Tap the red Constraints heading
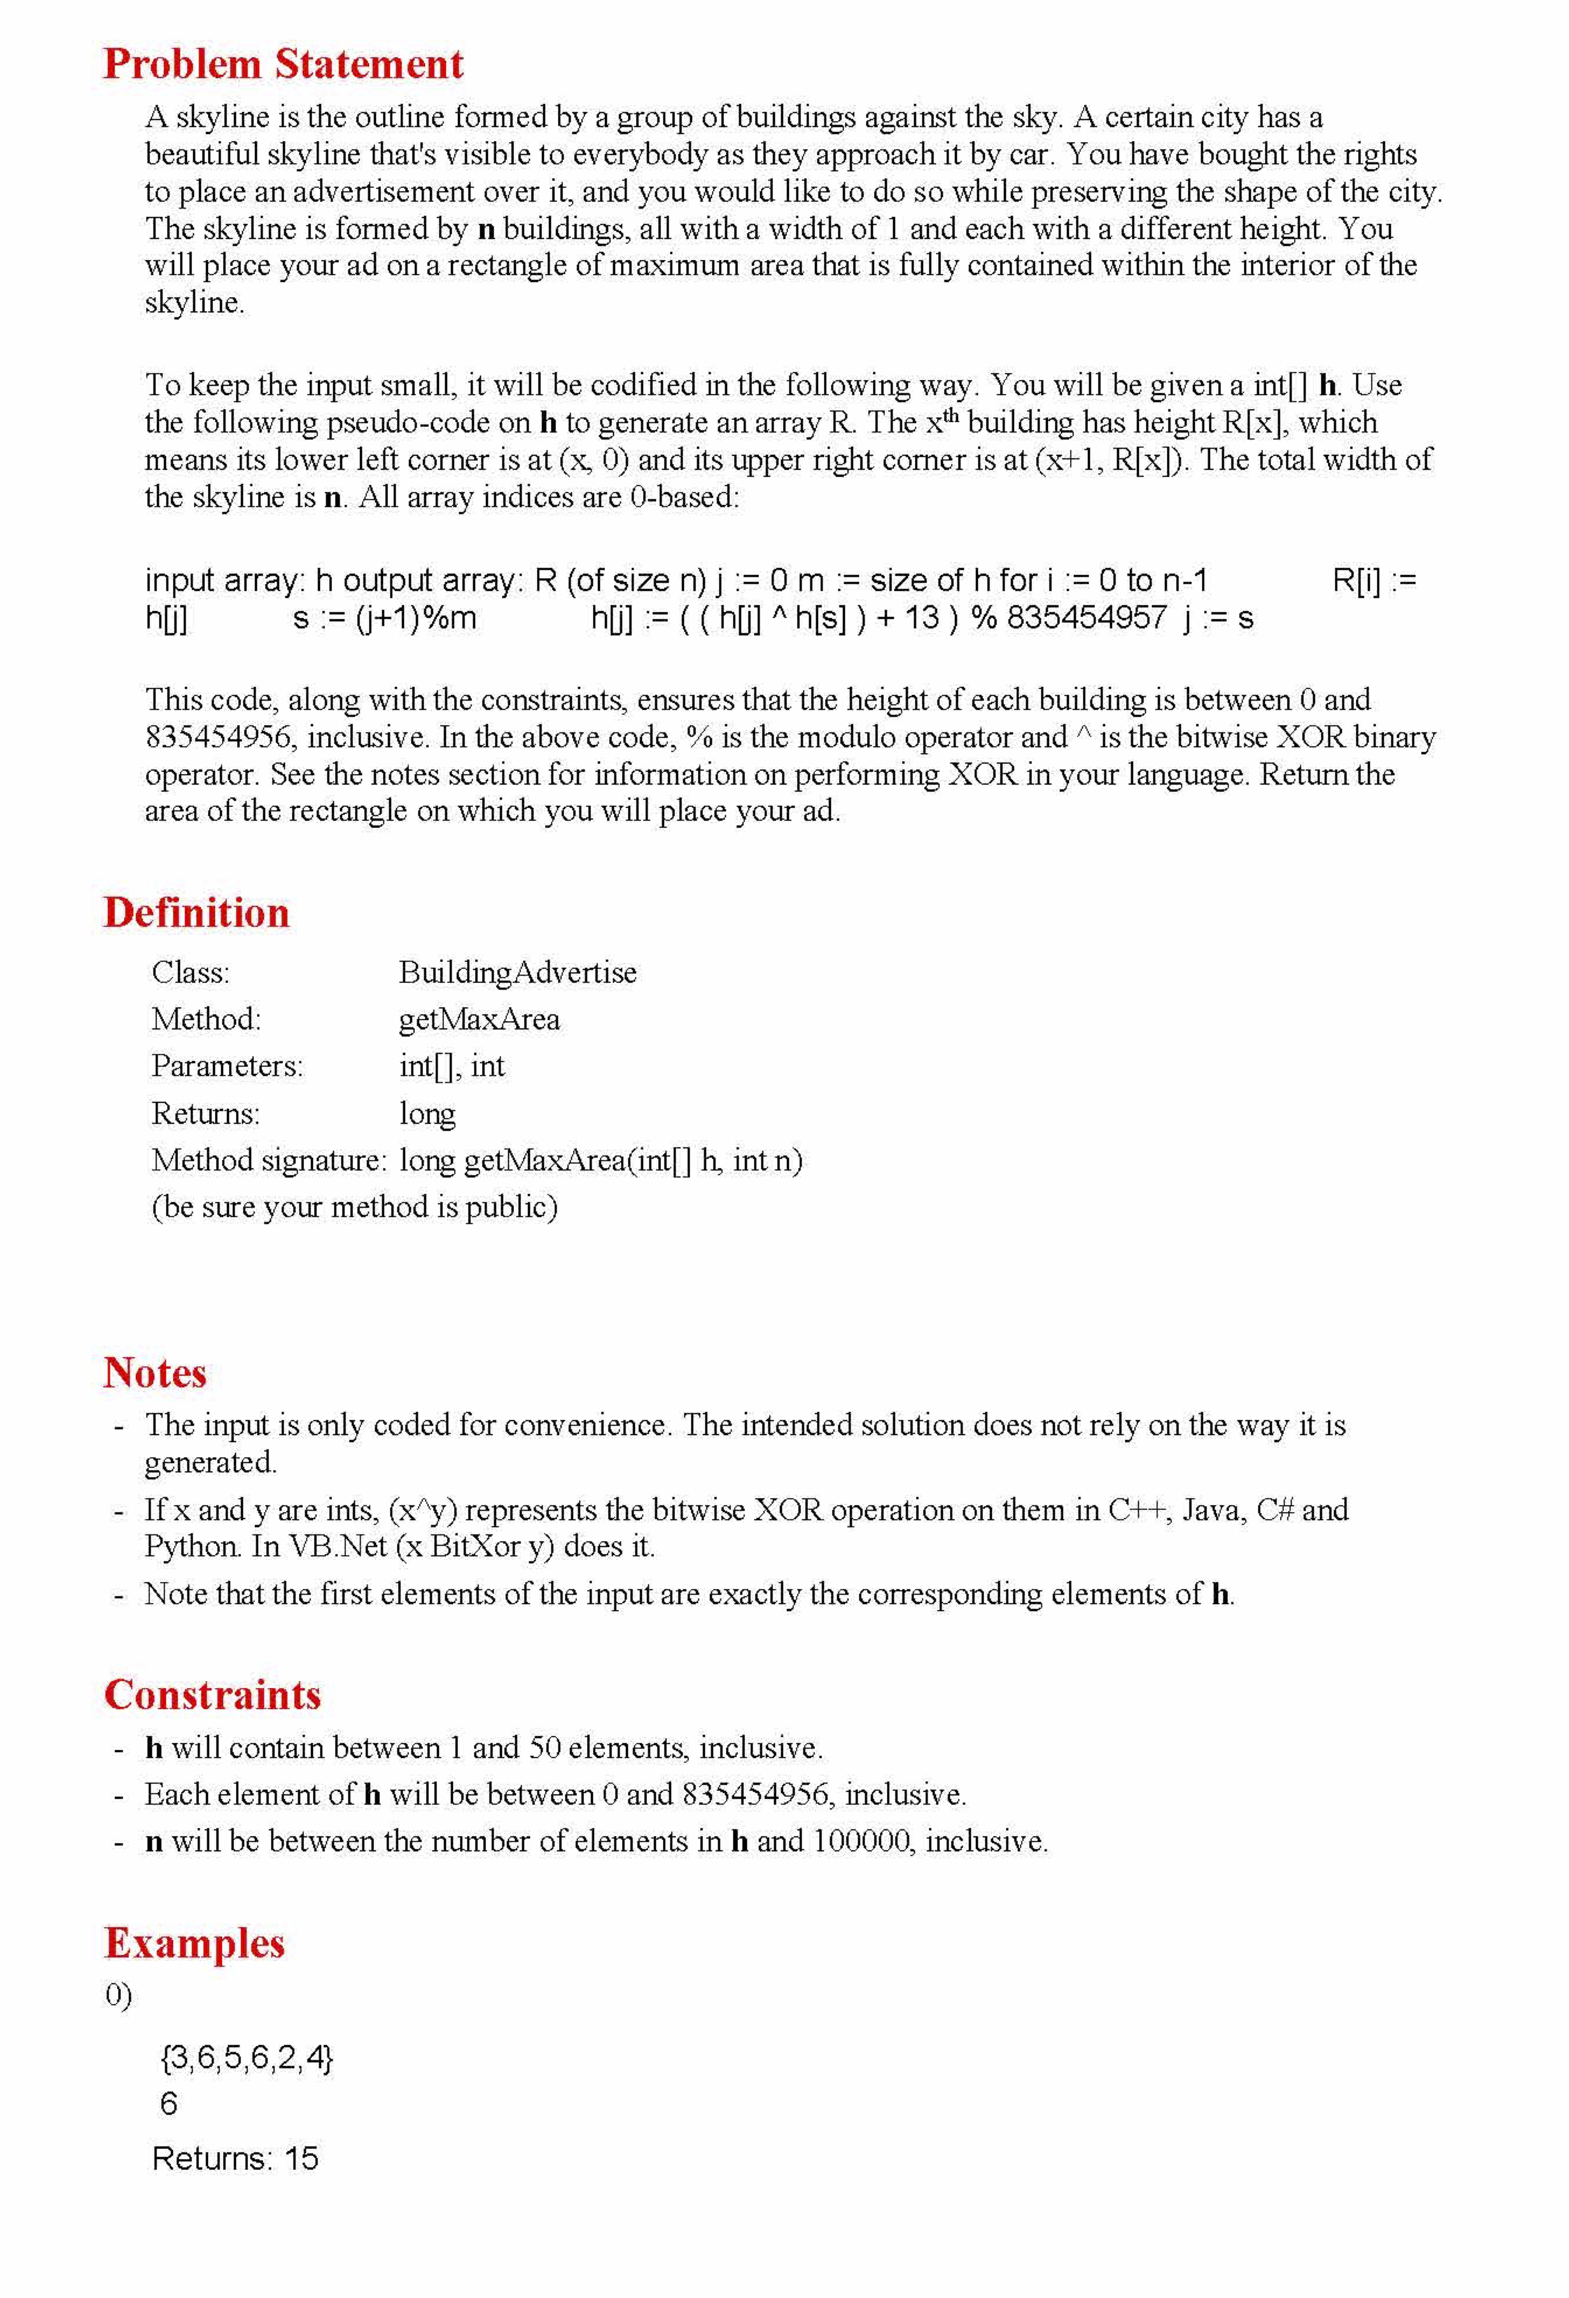213,1695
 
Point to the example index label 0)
118,1996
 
